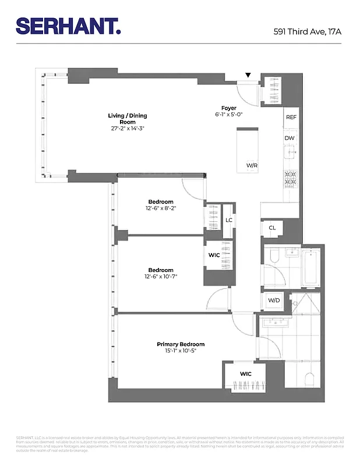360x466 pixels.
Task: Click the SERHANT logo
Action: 68,26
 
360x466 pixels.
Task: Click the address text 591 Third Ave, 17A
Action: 307,31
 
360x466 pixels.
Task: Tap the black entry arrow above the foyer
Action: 248,75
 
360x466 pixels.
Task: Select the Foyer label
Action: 228,108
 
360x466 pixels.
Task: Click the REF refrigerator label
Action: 291,117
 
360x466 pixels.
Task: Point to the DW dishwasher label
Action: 290,138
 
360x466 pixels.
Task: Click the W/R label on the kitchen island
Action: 252,166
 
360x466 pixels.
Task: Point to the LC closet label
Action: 230,220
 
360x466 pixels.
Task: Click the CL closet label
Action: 272,228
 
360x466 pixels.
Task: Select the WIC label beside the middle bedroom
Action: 214,255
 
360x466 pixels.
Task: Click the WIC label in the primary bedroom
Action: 245,373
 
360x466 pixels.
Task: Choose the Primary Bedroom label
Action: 181,344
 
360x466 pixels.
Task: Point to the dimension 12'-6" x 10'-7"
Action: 161,276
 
